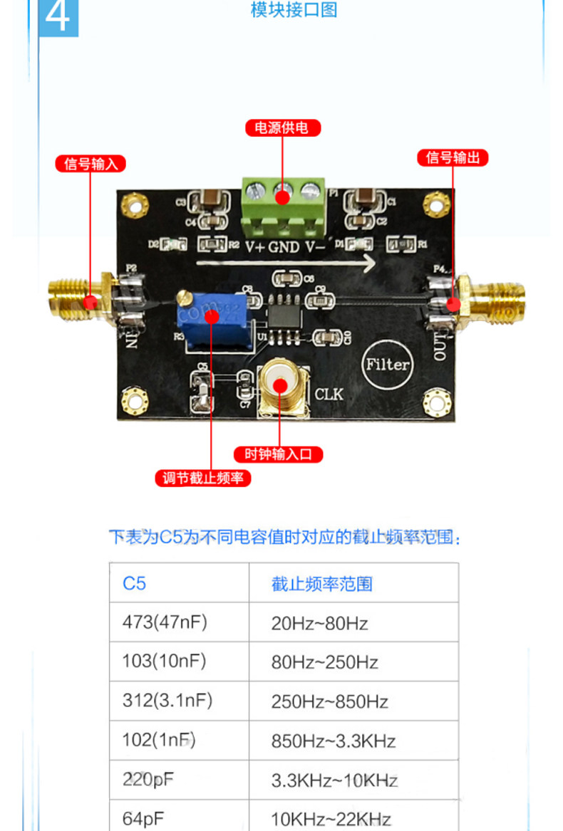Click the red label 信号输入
(91, 164)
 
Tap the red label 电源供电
(282, 128)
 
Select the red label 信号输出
(453, 157)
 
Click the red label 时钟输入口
(279, 454)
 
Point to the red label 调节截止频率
(203, 478)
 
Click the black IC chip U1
(285, 313)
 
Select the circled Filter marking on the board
(388, 365)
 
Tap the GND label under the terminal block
(284, 248)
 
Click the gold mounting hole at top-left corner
(133, 205)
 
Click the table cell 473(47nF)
(164, 622)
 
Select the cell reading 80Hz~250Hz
(324, 662)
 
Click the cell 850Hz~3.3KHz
(333, 741)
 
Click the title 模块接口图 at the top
(294, 10)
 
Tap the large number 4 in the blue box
(58, 17)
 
